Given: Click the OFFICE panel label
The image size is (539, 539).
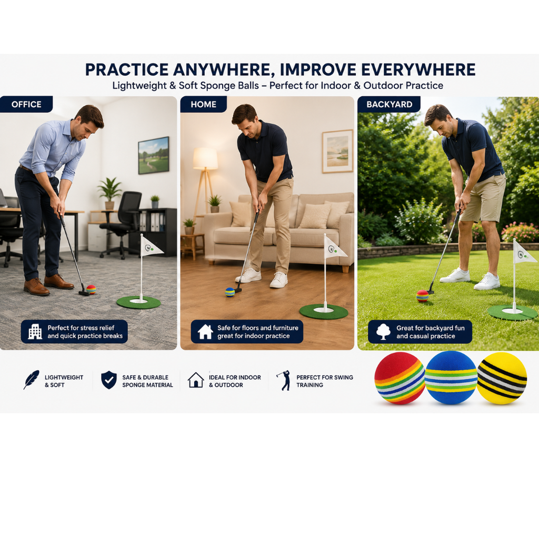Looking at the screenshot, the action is click(26, 104).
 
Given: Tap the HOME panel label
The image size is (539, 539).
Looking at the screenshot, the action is click(204, 104).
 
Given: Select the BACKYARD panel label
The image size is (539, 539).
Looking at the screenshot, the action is click(389, 104).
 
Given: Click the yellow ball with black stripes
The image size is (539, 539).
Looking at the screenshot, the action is click(502, 378).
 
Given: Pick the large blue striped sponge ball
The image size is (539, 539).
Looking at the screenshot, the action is click(451, 377).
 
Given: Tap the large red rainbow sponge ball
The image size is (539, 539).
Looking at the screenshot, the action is click(400, 378).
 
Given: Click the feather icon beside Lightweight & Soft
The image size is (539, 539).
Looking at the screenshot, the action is click(31, 380).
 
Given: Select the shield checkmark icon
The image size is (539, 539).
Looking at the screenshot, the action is click(109, 380).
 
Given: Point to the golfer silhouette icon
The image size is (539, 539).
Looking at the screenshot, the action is click(284, 380).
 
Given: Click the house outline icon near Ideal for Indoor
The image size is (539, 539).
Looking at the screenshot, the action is click(196, 380).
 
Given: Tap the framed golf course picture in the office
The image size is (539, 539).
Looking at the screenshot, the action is click(154, 155).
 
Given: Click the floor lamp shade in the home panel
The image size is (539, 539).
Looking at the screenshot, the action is click(205, 158).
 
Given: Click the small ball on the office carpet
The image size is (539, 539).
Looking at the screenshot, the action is click(91, 290).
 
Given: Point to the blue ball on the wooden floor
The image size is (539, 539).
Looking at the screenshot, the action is click(230, 292).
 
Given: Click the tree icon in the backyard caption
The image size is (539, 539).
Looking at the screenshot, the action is click(383, 332).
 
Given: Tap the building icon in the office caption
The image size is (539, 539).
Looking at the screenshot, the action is click(35, 332).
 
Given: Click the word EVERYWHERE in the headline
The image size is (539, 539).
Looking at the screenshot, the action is click(418, 69).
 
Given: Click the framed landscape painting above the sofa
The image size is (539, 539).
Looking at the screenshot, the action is click(337, 151).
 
